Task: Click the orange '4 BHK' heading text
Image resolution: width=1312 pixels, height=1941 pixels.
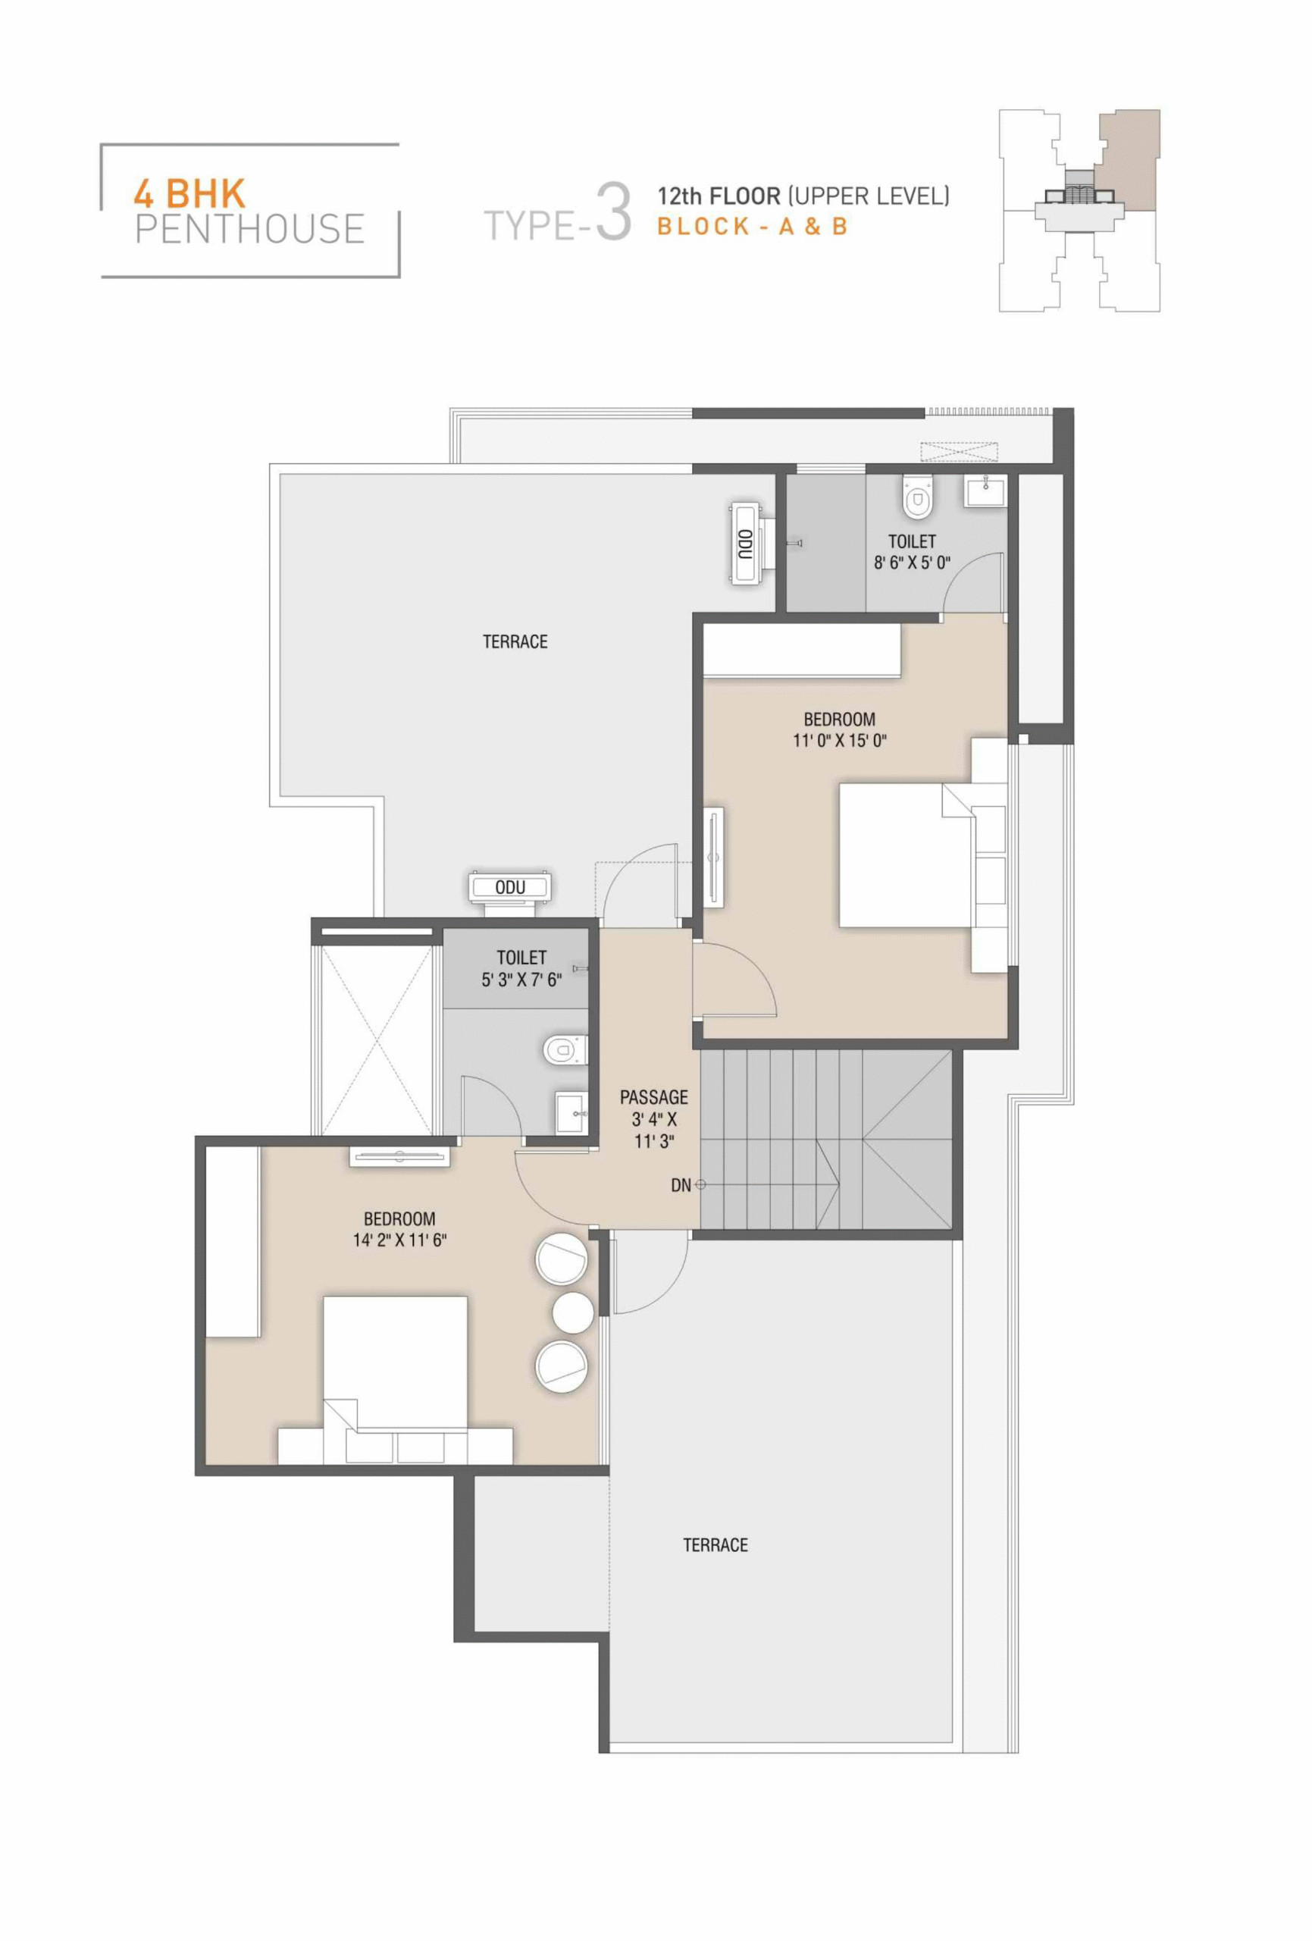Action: pyautogui.click(x=189, y=194)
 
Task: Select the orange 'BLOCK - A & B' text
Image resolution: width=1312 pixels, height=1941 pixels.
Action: pyautogui.click(x=753, y=227)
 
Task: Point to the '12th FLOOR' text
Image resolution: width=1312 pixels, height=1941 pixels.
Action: pyautogui.click(x=719, y=196)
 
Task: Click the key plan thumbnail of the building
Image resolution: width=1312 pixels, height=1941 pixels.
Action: pyautogui.click(x=1079, y=211)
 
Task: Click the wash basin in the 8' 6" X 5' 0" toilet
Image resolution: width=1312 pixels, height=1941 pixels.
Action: pyautogui.click(x=986, y=491)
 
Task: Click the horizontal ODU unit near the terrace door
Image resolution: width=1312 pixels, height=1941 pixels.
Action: pyautogui.click(x=509, y=887)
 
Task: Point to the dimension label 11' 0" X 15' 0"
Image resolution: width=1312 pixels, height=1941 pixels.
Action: pyautogui.click(x=839, y=740)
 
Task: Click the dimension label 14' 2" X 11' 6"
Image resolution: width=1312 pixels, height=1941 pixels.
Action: pyautogui.click(x=399, y=1240)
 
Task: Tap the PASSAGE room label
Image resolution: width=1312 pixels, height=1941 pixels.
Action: pyautogui.click(x=654, y=1096)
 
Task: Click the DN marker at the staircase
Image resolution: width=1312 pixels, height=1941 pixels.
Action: pyautogui.click(x=681, y=1184)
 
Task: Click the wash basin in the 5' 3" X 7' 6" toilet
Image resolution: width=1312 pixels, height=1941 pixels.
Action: pyautogui.click(x=572, y=1112)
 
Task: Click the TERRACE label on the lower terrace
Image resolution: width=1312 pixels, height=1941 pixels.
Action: pyautogui.click(x=715, y=1545)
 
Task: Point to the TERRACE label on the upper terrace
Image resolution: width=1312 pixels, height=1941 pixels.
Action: pyautogui.click(x=515, y=641)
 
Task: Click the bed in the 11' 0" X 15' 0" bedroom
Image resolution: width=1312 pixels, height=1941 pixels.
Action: pyautogui.click(x=907, y=854)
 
